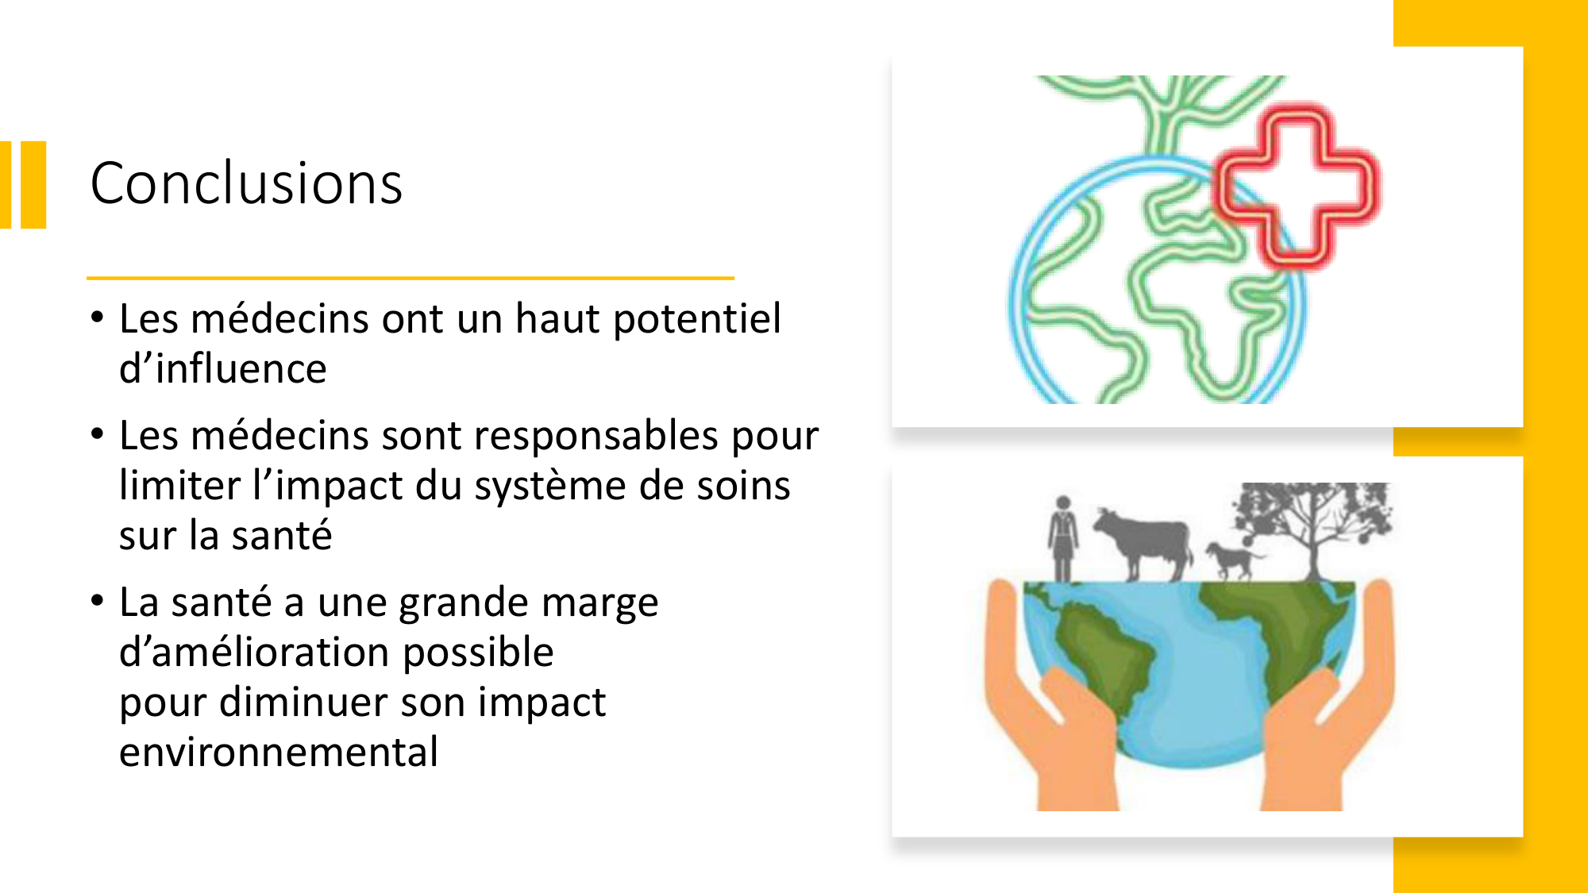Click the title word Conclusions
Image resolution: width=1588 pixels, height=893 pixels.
coord(246,184)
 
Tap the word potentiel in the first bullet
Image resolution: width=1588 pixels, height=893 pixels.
coord(697,320)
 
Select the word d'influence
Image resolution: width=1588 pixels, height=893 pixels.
coord(223,370)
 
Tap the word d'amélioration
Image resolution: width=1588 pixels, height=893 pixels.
coord(336,653)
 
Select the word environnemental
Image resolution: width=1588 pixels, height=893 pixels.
coord(279,753)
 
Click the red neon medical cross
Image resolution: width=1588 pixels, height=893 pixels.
coord(1296,187)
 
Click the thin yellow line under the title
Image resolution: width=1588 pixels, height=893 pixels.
coord(410,278)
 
